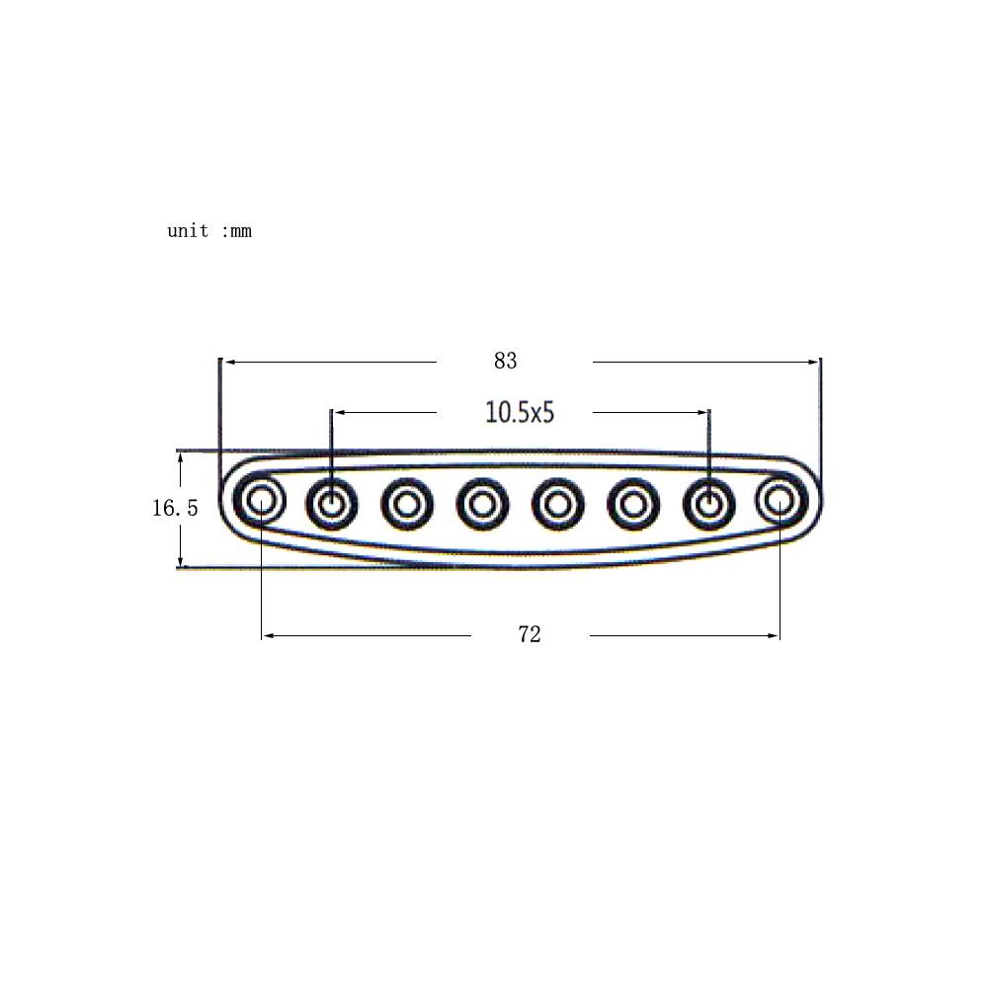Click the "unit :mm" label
209,231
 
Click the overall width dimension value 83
505,362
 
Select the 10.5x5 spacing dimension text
520,412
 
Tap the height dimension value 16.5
175,509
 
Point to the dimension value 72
530,635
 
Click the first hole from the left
261,500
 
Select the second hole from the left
332,504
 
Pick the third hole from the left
407,505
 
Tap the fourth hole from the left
482,505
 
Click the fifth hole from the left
557,505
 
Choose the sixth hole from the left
632,505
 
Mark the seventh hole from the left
707,504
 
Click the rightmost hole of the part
781,500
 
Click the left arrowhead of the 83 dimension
227,363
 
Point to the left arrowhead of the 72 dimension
268,635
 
